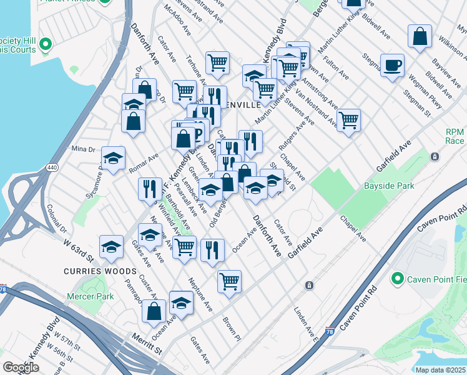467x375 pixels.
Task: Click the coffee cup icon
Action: pyautogui.click(x=392, y=66)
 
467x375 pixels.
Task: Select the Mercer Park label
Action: pyautogui.click(x=91, y=296)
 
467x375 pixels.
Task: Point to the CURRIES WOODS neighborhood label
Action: pyautogui.click(x=100, y=271)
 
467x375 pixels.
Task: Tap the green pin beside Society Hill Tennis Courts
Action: pyautogui.click(x=45, y=44)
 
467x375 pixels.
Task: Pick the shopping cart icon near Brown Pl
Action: pyautogui.click(x=230, y=281)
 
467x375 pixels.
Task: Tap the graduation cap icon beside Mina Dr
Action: pyautogui.click(x=113, y=159)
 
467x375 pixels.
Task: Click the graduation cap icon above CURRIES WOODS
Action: pyautogui.click(x=111, y=247)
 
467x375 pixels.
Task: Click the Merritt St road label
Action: pyautogui.click(x=146, y=341)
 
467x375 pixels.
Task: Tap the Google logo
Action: pyautogui.click(x=21, y=367)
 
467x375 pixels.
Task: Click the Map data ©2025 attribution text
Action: pyautogui.click(x=440, y=370)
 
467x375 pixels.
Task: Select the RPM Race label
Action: pyautogui.click(x=455, y=137)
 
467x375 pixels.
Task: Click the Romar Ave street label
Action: pyautogui.click(x=144, y=162)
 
